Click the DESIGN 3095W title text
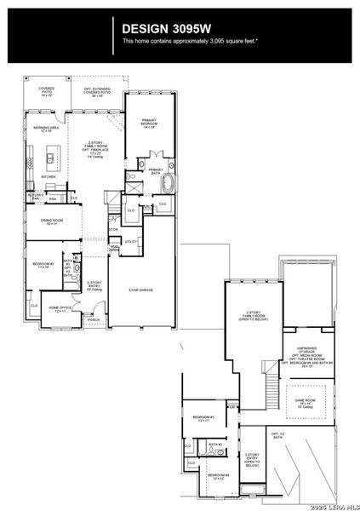click(163, 27)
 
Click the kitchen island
click(56, 158)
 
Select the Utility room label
click(131, 242)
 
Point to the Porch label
click(94, 320)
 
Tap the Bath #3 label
click(215, 445)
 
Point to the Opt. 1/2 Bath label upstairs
click(277, 435)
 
